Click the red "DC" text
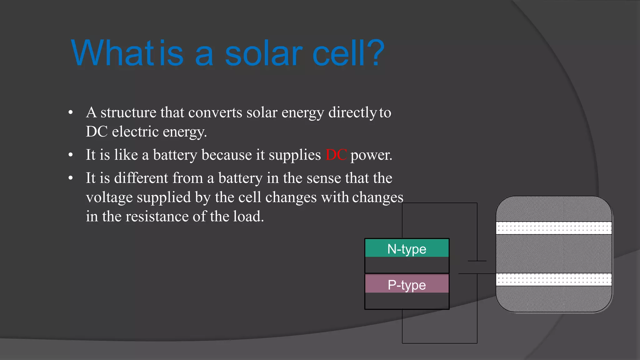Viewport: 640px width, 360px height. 336,155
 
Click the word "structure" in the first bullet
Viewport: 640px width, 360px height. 128,112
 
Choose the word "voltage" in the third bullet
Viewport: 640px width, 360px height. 107,197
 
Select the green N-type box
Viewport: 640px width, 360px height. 407,248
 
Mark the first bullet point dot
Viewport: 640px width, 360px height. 71,112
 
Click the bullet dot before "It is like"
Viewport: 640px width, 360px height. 71,155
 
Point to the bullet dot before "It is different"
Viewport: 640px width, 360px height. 71,178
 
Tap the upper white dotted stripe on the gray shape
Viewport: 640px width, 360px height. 553,228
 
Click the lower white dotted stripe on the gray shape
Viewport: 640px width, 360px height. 553,279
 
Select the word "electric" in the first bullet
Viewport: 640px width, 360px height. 135,132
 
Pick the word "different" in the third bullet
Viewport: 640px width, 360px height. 141,178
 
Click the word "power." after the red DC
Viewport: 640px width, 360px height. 371,155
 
